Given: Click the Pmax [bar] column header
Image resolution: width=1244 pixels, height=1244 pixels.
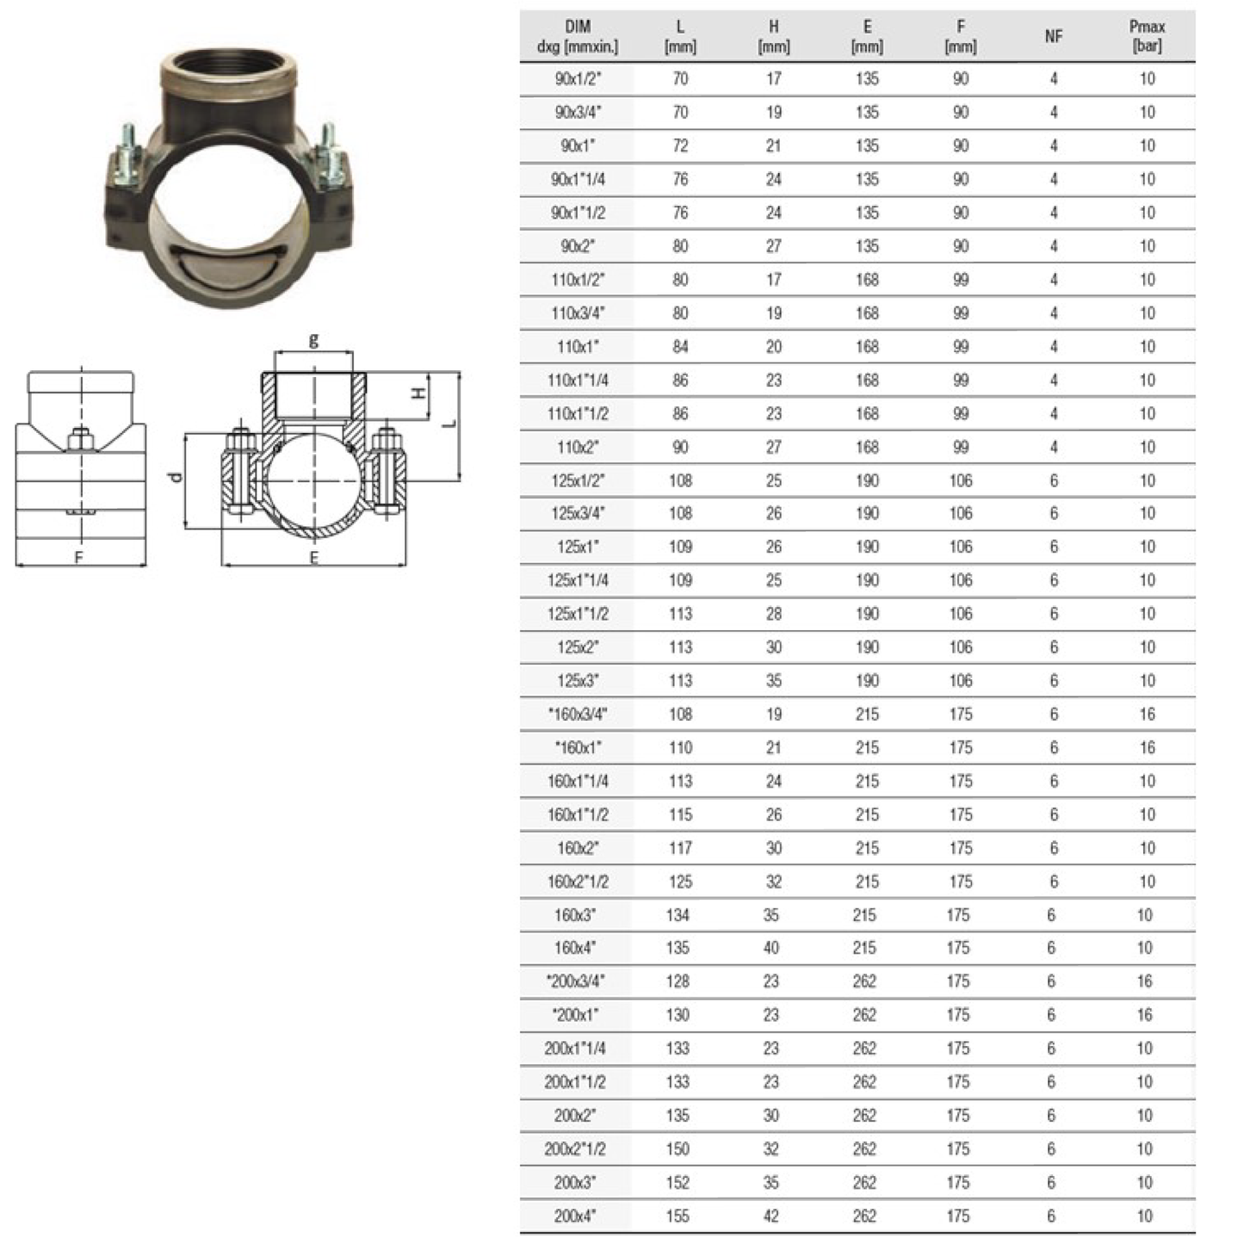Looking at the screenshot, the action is point(1147,36).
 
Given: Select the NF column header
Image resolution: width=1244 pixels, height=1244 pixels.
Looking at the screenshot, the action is point(1054,36).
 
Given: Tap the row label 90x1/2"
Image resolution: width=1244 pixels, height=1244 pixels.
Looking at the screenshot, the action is point(578,78).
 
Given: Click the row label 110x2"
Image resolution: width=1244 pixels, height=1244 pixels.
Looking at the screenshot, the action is point(578,448).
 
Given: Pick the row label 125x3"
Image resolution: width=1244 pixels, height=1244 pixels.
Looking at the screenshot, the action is point(578,681).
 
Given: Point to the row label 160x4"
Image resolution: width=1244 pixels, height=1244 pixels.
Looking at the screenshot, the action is point(574,949).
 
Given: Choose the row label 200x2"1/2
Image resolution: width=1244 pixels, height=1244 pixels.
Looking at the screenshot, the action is point(574,1149).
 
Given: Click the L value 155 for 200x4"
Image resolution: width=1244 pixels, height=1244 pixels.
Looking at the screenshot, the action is point(678,1216).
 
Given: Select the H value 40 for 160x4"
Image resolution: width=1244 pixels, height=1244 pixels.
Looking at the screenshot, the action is point(771,949).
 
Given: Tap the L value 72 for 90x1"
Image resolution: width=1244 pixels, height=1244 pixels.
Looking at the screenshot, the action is point(680,145).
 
